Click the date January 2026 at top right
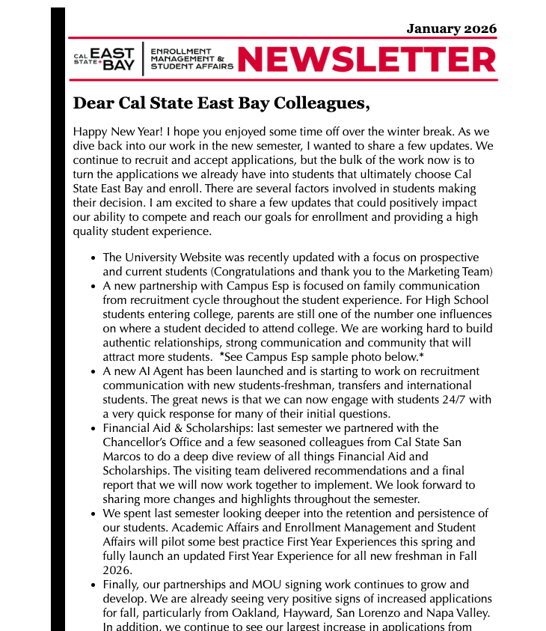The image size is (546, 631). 451,29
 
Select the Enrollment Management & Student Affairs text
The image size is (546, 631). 191,59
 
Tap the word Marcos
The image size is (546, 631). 121,457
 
